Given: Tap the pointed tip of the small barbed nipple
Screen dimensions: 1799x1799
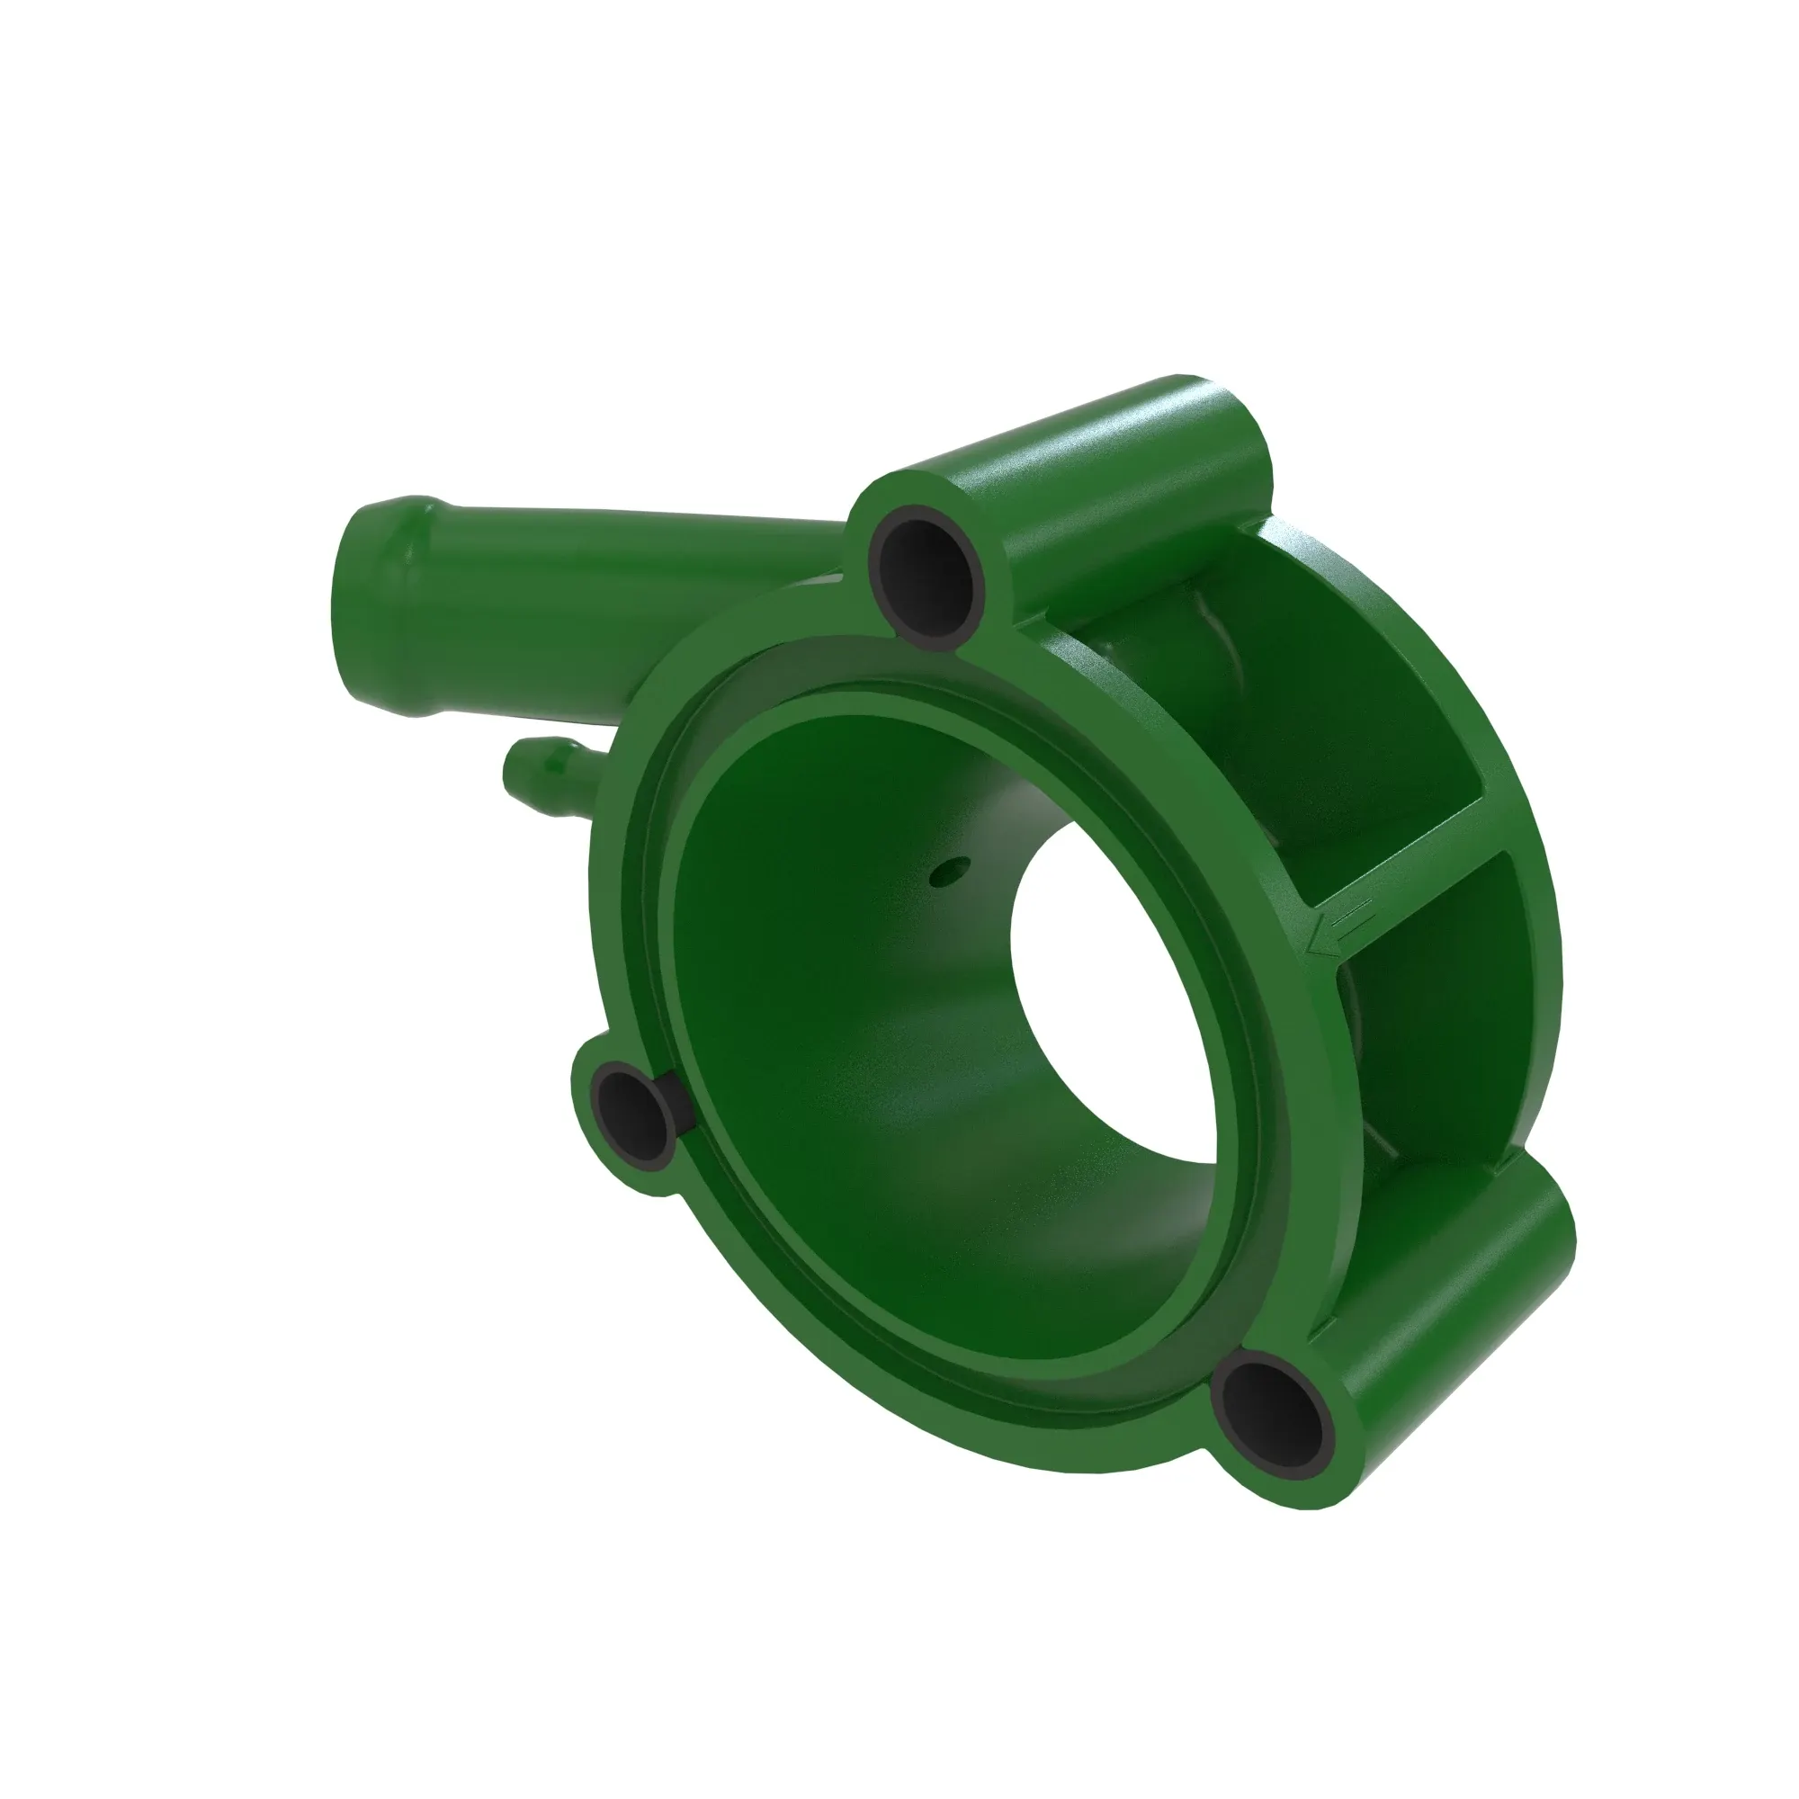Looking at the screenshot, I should click(x=510, y=772).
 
